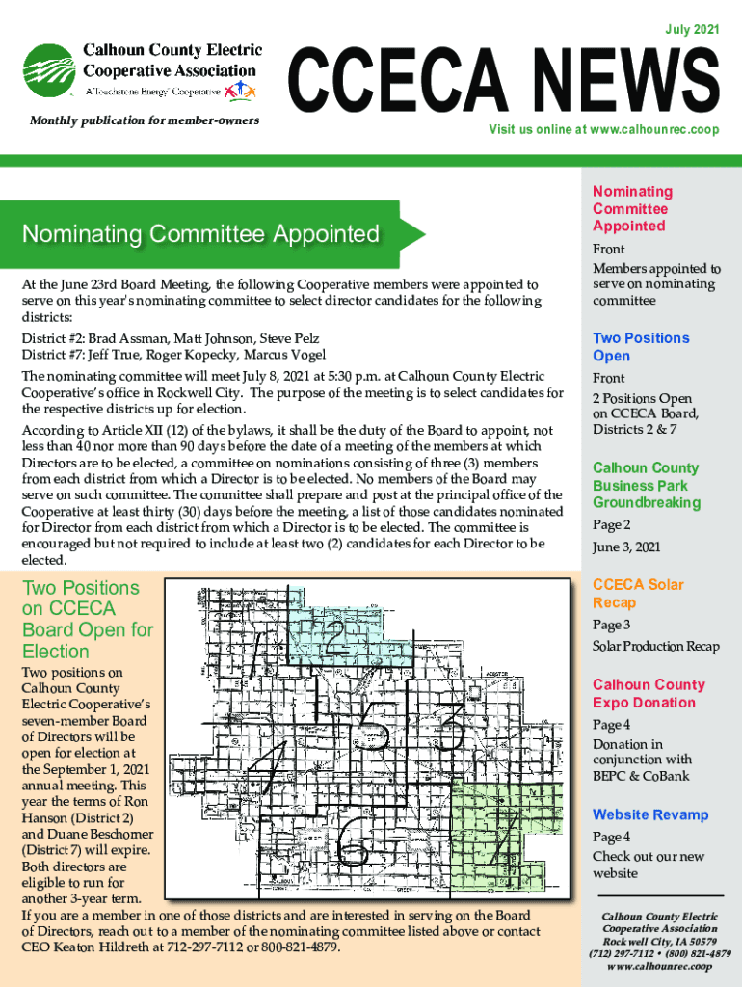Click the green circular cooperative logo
point(51,73)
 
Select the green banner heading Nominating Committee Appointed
point(200,234)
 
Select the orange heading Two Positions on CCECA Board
point(87,619)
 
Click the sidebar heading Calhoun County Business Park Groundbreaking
point(645,485)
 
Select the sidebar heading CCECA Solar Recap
point(637,594)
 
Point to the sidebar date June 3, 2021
point(626,547)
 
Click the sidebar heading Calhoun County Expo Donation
point(648,693)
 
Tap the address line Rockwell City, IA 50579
point(659,941)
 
